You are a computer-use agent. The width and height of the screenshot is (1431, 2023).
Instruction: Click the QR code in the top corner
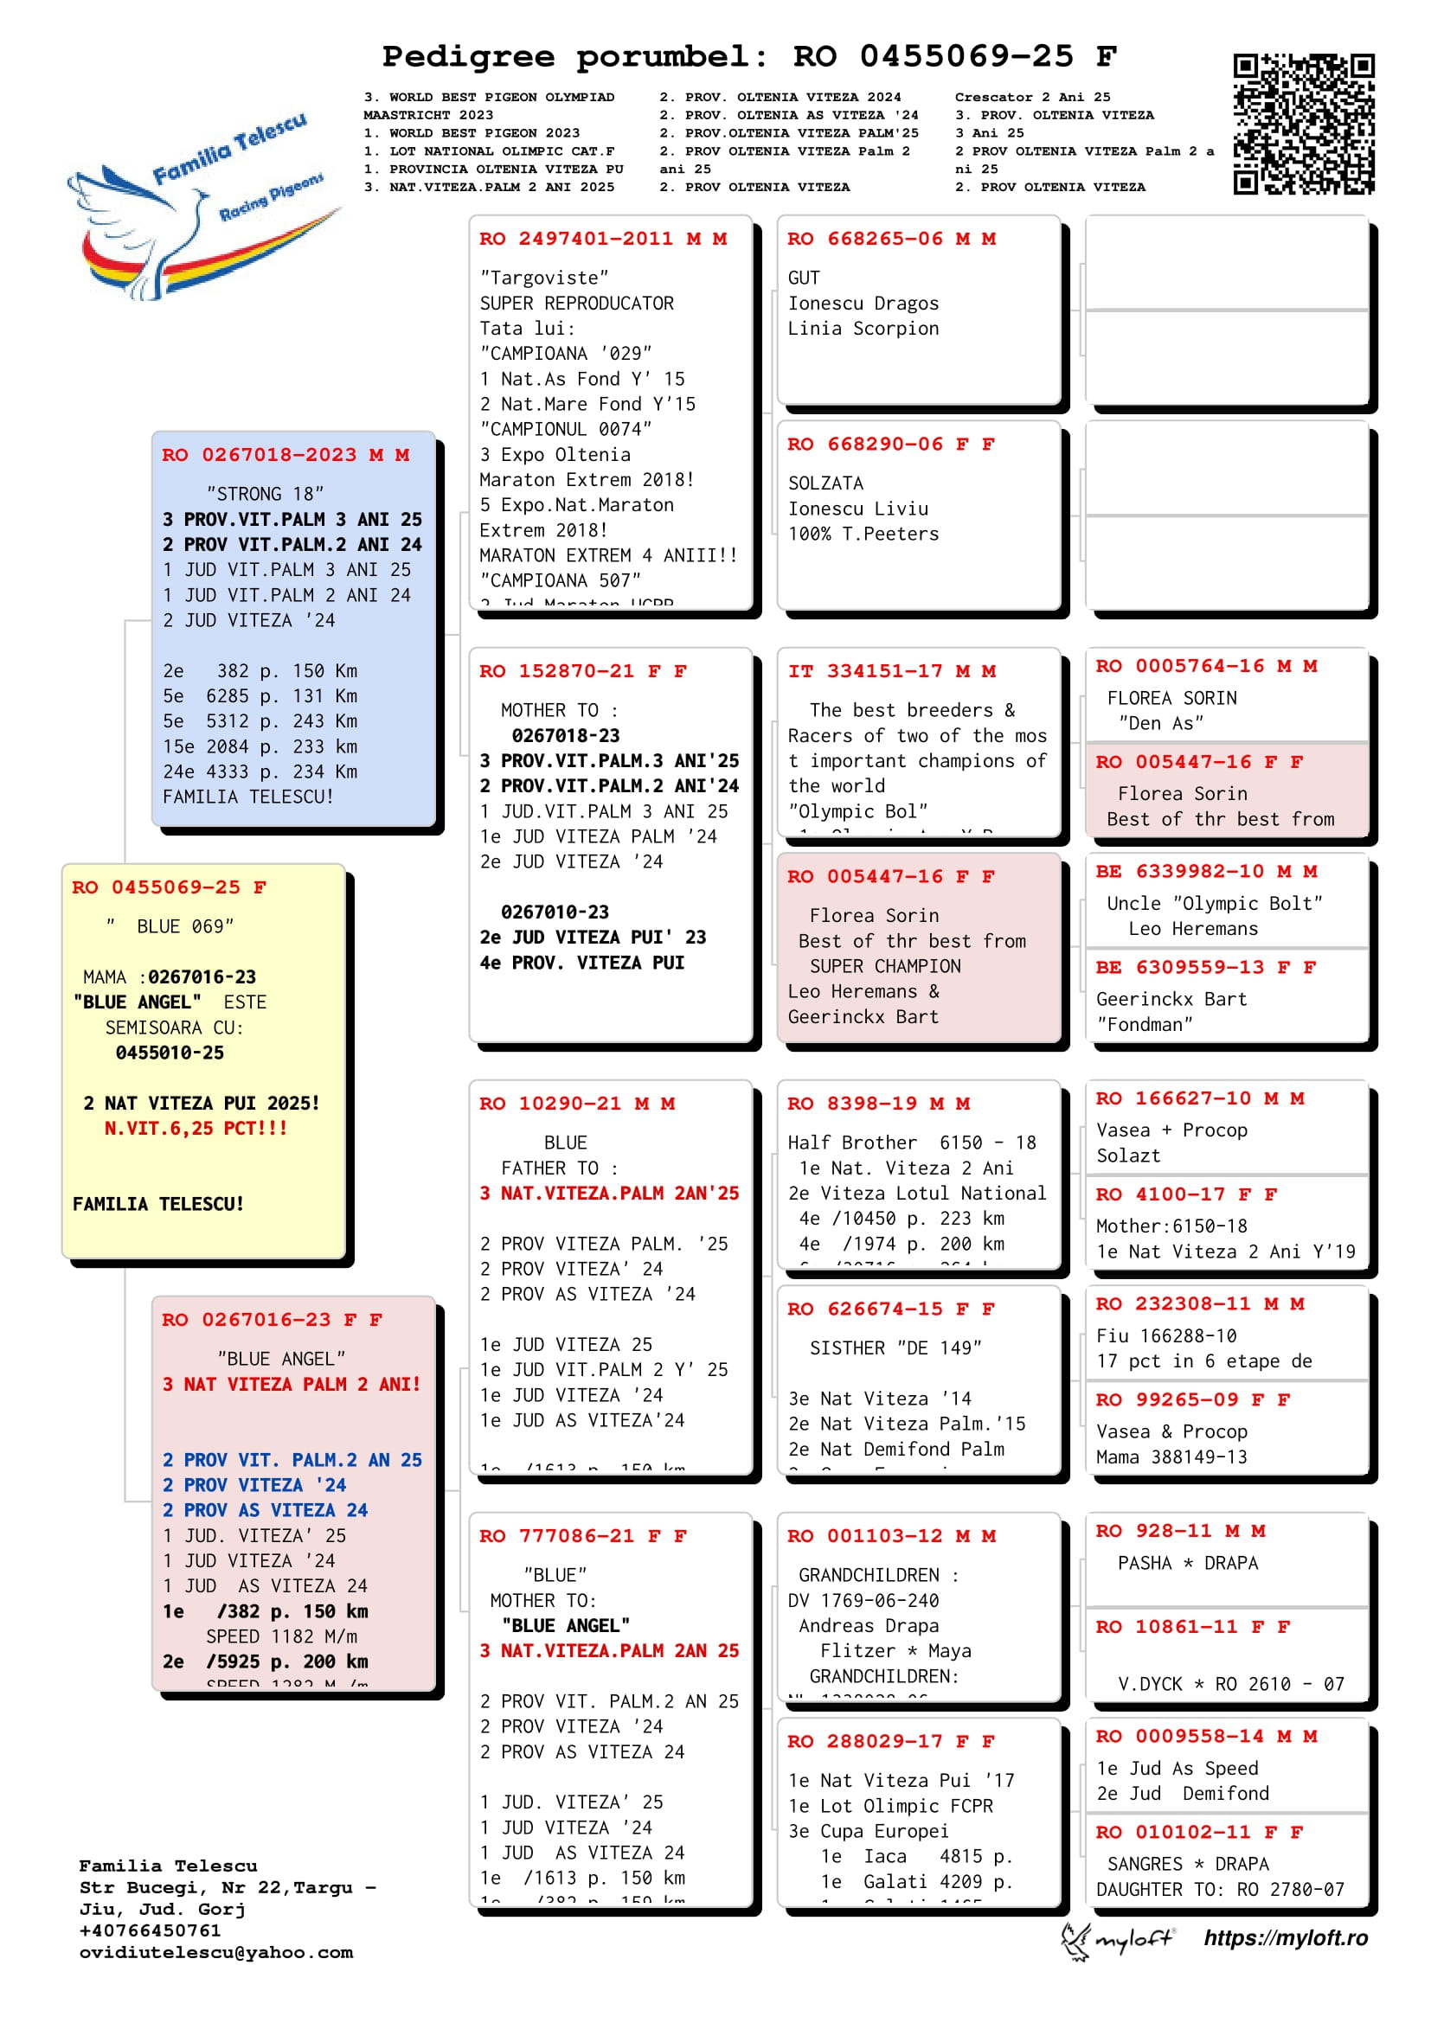(1303, 124)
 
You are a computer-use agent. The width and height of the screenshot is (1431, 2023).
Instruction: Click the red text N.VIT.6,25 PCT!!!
(196, 1129)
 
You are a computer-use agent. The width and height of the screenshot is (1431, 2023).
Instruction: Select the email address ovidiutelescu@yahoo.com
(216, 1953)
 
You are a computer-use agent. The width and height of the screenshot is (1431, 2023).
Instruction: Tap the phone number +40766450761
(150, 1930)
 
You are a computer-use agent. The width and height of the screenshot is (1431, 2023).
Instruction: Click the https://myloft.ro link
(1286, 1938)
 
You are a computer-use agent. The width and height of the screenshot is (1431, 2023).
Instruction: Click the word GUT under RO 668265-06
(804, 278)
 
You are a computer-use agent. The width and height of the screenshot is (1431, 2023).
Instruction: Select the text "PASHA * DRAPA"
(1188, 1563)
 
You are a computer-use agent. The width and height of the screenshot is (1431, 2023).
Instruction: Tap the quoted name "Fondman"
(1145, 1025)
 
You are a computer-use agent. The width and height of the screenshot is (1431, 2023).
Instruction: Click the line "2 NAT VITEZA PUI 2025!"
(201, 1103)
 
